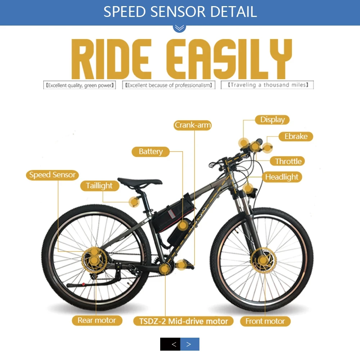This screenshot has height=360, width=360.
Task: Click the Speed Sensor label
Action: tap(53, 175)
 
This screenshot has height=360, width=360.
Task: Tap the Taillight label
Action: tap(99, 186)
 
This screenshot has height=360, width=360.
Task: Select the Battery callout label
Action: tap(151, 152)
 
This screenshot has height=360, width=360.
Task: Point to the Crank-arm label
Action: tap(193, 125)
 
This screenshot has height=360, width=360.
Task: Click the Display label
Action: tap(272, 120)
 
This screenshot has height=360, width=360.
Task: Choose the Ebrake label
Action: tap(296, 136)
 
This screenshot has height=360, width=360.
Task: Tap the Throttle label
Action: tap(288, 161)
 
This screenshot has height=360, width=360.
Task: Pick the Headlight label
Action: tap(282, 177)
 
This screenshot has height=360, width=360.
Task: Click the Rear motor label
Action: tap(97, 320)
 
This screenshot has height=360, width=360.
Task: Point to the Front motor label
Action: tap(265, 321)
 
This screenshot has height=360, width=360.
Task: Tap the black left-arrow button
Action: tap(170, 344)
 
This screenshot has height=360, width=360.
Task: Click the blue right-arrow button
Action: tap(190, 344)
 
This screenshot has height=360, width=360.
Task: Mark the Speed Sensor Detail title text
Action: tap(180, 12)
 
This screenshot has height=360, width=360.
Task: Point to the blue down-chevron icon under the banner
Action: tap(179, 28)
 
